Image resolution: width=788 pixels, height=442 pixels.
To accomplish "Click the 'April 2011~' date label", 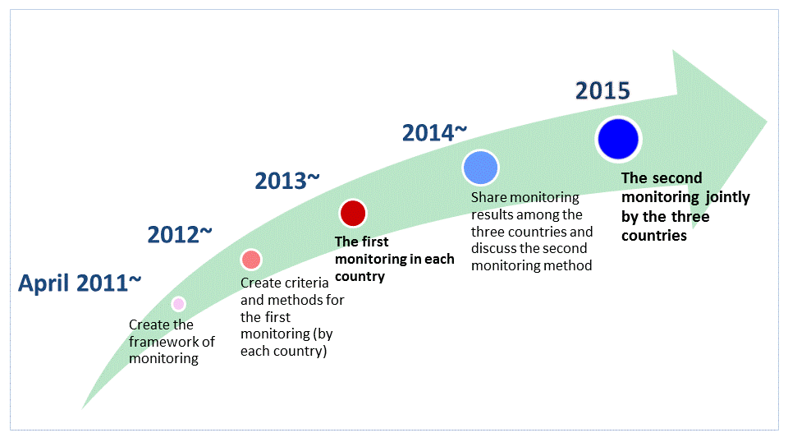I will pyautogui.click(x=80, y=283).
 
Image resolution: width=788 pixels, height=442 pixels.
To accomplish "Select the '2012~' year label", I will pyautogui.click(x=180, y=235).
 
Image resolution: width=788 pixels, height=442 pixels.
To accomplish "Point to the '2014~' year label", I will pyautogui.click(x=435, y=131).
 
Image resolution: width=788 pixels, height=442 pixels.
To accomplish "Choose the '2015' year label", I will pyautogui.click(x=602, y=90).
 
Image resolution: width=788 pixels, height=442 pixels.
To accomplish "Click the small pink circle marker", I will pyautogui.click(x=178, y=304).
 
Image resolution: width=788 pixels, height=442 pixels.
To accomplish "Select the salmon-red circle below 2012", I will pyautogui.click(x=251, y=260).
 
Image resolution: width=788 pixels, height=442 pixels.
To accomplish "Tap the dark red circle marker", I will pyautogui.click(x=353, y=214).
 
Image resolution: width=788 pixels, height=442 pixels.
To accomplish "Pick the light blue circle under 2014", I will pyautogui.click(x=479, y=167).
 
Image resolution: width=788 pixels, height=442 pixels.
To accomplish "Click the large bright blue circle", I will pyautogui.click(x=618, y=139).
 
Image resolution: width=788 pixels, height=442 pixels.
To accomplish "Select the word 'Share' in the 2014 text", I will pyautogui.click(x=488, y=198).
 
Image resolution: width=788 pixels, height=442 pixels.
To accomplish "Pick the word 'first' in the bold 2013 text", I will pyautogui.click(x=375, y=242).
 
